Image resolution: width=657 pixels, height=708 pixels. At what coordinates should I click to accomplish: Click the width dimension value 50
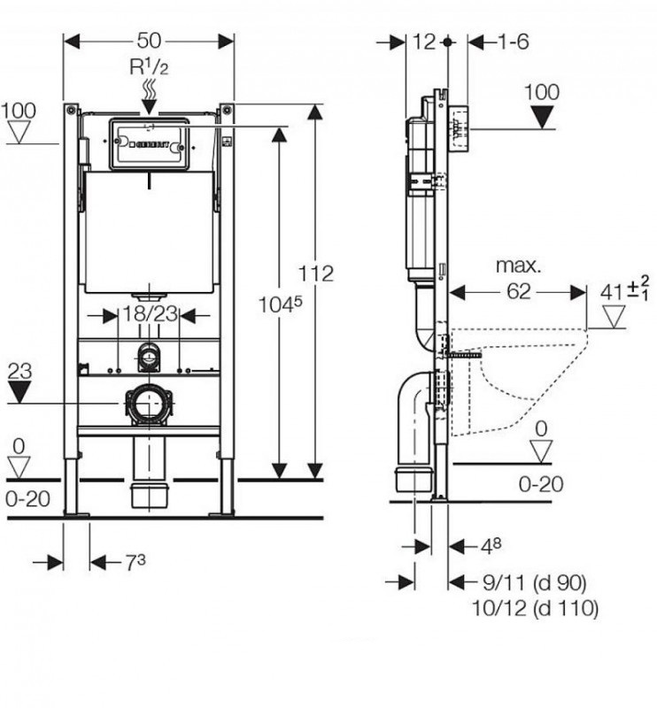(x=150, y=41)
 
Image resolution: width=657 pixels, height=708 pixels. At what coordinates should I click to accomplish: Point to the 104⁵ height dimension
(x=281, y=305)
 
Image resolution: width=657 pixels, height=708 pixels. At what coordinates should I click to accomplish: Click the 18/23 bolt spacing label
(x=149, y=313)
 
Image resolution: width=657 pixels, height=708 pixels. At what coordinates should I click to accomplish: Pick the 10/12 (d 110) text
(x=537, y=608)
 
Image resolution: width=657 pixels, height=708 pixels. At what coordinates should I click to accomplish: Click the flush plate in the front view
(x=148, y=142)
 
